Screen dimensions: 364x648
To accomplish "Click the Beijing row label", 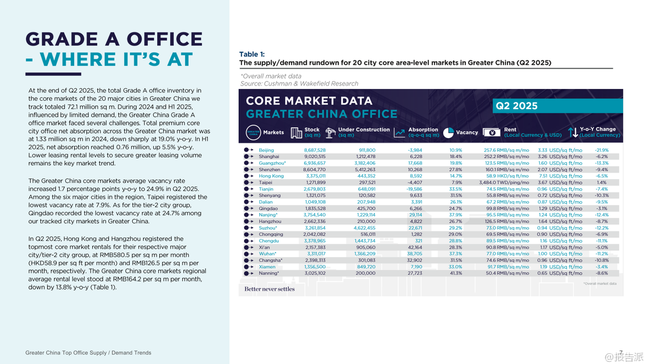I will [266, 150].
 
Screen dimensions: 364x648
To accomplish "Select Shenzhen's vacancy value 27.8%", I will [456, 169].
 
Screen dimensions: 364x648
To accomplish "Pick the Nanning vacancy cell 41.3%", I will [456, 273].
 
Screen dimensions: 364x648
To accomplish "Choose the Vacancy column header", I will [467, 132].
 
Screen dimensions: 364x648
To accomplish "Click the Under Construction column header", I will [363, 129].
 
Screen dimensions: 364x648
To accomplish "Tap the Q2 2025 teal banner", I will [556, 106].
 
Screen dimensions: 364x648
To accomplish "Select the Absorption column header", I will [423, 129].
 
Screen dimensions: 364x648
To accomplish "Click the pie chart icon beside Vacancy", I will [448, 133].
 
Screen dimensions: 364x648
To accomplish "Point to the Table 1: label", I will [252, 54].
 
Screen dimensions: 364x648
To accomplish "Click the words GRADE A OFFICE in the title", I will [114, 39].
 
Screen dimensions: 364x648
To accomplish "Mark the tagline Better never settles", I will [269, 289].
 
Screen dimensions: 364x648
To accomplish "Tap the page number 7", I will [621, 353].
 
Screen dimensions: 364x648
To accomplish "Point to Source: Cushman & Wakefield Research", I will [299, 84].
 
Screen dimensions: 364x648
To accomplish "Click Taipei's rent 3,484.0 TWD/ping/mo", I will [505, 182].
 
